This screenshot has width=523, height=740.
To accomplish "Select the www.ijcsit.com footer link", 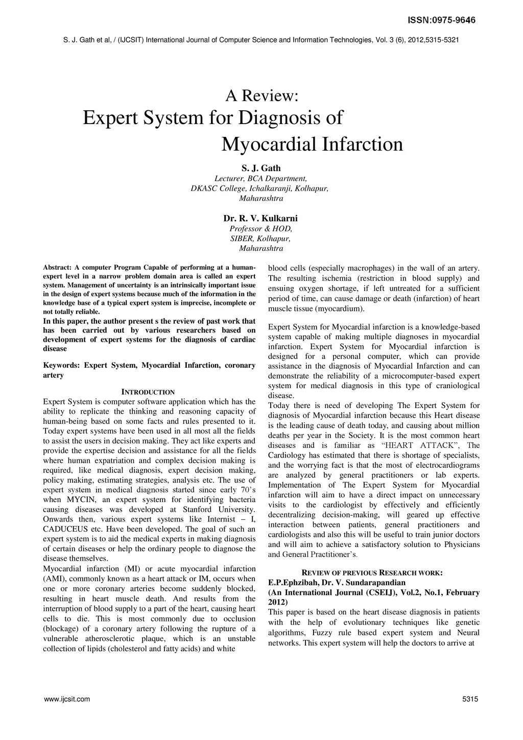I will coord(67,699).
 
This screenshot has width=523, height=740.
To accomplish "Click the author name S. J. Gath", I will coord(261,168).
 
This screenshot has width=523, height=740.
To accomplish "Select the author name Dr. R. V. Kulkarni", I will coord(261,219).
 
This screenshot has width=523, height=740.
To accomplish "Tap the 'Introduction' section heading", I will coord(148,392).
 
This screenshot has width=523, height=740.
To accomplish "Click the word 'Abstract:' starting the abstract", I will coord(57,267).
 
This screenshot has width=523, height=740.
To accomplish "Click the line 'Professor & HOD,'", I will coord(261,229).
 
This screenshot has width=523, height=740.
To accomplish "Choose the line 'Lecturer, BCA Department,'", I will coord(261,178).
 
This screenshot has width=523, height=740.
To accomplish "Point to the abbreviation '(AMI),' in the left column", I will coord(54,579).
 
